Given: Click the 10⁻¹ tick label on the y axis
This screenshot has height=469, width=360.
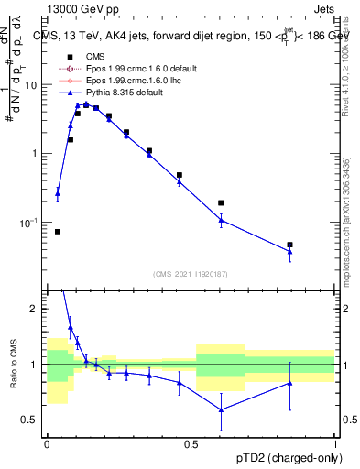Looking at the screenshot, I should [x=30, y=223].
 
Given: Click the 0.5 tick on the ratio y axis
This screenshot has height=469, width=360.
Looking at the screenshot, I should [x=33, y=420].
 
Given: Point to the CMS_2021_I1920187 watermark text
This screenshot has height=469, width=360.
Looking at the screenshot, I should [x=190, y=274].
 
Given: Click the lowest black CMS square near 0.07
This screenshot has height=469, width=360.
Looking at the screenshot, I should [x=58, y=232].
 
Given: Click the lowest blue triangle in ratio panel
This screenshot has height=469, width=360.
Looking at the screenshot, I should [x=221, y=409].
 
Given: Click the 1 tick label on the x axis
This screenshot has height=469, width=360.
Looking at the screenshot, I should [x=334, y=443].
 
